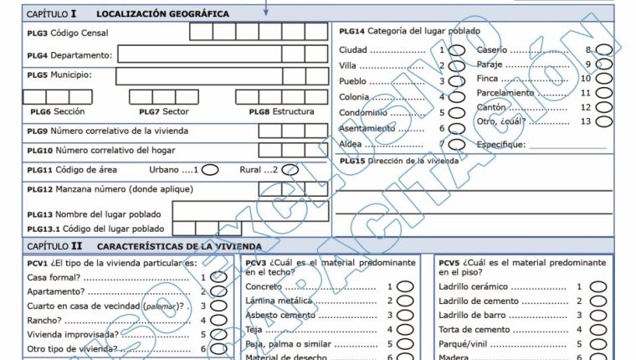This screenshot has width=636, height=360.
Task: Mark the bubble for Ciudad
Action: coord(457,50)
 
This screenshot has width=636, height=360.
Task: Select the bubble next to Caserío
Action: coord(603,49)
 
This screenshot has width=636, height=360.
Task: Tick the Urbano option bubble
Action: coord(210,169)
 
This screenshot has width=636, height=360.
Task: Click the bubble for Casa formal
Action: coord(218,277)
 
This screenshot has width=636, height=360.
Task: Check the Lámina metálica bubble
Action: coord(405,301)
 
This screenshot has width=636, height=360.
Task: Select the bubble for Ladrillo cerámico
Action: coord(598,286)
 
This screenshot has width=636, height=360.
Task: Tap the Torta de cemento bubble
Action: coord(598,329)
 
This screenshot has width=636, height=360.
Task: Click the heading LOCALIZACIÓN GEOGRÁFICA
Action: coord(162,14)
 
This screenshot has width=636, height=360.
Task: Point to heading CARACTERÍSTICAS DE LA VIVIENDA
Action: coord(179,246)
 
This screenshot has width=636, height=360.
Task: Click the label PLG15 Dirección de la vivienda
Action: coord(394,160)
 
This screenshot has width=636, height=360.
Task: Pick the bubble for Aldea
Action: coord(457,144)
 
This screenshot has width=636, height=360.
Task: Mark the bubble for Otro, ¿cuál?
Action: coord(603,121)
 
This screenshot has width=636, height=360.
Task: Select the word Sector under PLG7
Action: coord(175,111)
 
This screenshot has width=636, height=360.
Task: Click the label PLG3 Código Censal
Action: coord(68,33)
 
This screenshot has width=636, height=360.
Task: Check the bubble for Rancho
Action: coord(218,320)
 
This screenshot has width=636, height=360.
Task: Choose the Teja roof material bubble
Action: coord(405,329)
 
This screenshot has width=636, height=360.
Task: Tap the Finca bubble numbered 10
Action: coord(603,79)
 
